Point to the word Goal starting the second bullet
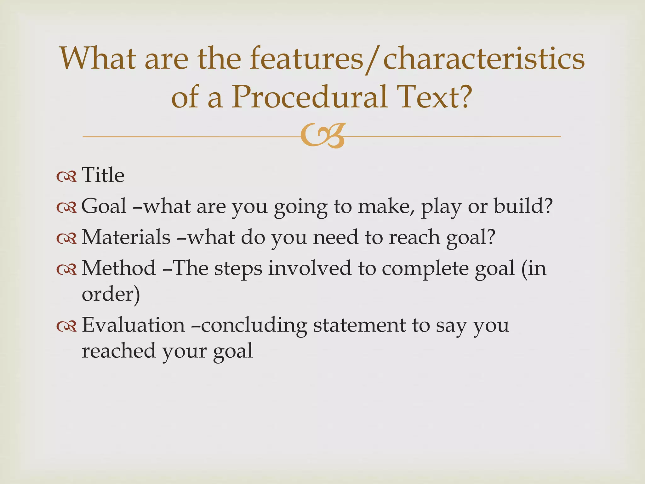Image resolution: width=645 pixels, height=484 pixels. pyautogui.click(x=104, y=206)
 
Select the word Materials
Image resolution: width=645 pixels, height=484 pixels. pyautogui.click(x=126, y=237)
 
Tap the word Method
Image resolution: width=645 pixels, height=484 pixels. pyautogui.click(x=119, y=268)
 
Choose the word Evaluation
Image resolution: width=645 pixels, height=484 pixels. pyautogui.click(x=133, y=325)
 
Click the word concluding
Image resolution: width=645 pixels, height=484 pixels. pyautogui.click(x=254, y=325)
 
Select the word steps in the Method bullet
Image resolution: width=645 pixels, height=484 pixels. pyautogui.click(x=238, y=269)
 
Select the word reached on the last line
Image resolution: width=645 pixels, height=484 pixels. pyautogui.click(x=119, y=351)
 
